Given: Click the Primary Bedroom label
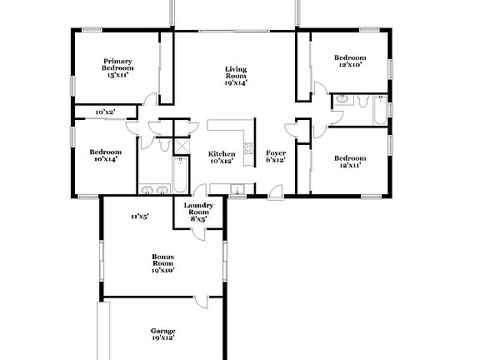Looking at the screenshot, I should click(117, 67).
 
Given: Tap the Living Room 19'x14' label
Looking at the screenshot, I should click(235, 76).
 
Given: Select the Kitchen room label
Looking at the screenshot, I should click(221, 157).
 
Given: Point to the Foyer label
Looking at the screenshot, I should click(275, 157).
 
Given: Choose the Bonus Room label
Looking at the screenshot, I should click(162, 263).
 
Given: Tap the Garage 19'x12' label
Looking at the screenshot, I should click(162, 335).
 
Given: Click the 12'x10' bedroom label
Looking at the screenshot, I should click(349, 62).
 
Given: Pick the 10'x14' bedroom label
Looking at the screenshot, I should click(106, 155).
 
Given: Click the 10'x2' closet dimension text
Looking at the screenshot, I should click(104, 111).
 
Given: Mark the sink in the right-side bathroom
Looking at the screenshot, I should click(341, 101).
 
